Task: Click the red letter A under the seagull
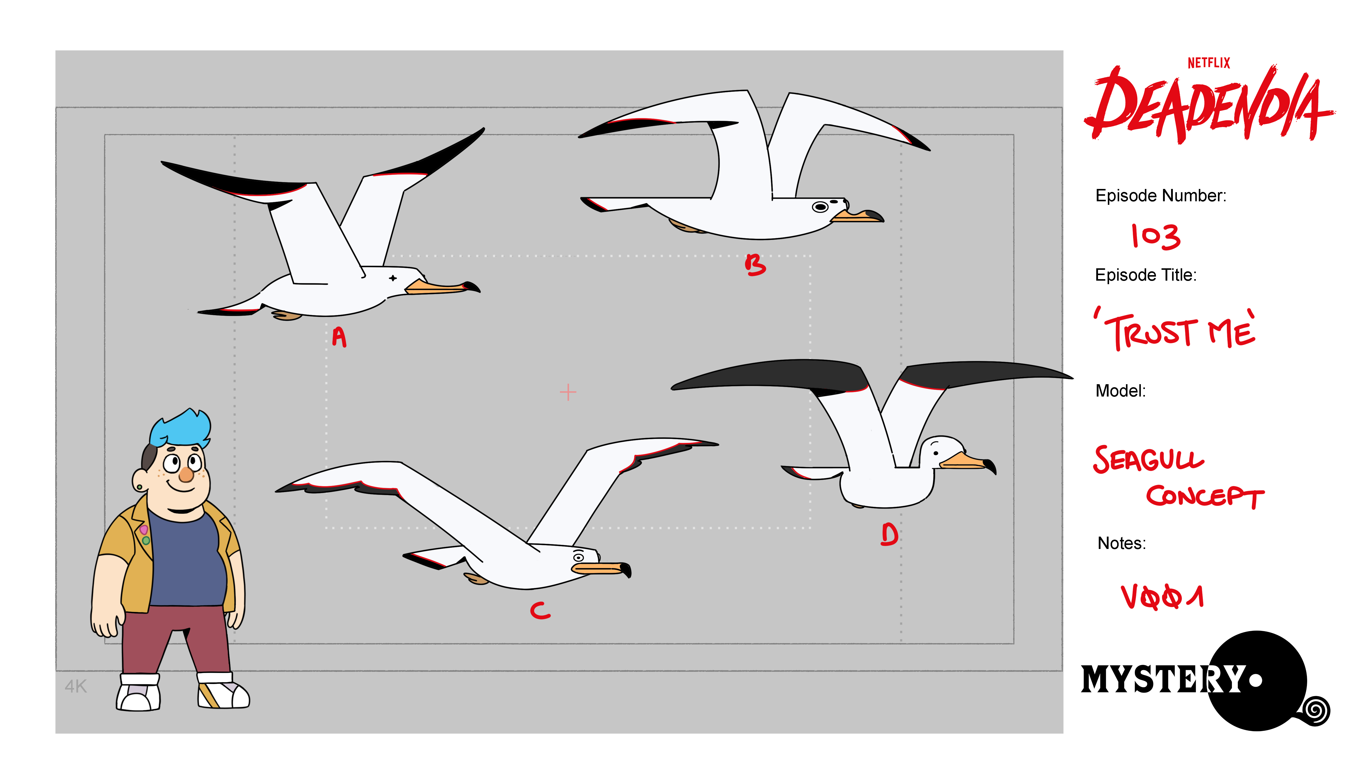pos(339,337)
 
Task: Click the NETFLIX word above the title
pos(1209,63)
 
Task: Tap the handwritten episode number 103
pos(1155,237)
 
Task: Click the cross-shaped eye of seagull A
pos(393,278)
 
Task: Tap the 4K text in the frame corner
pos(76,687)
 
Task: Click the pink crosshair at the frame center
pos(568,392)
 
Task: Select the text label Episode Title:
pos(1146,275)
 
